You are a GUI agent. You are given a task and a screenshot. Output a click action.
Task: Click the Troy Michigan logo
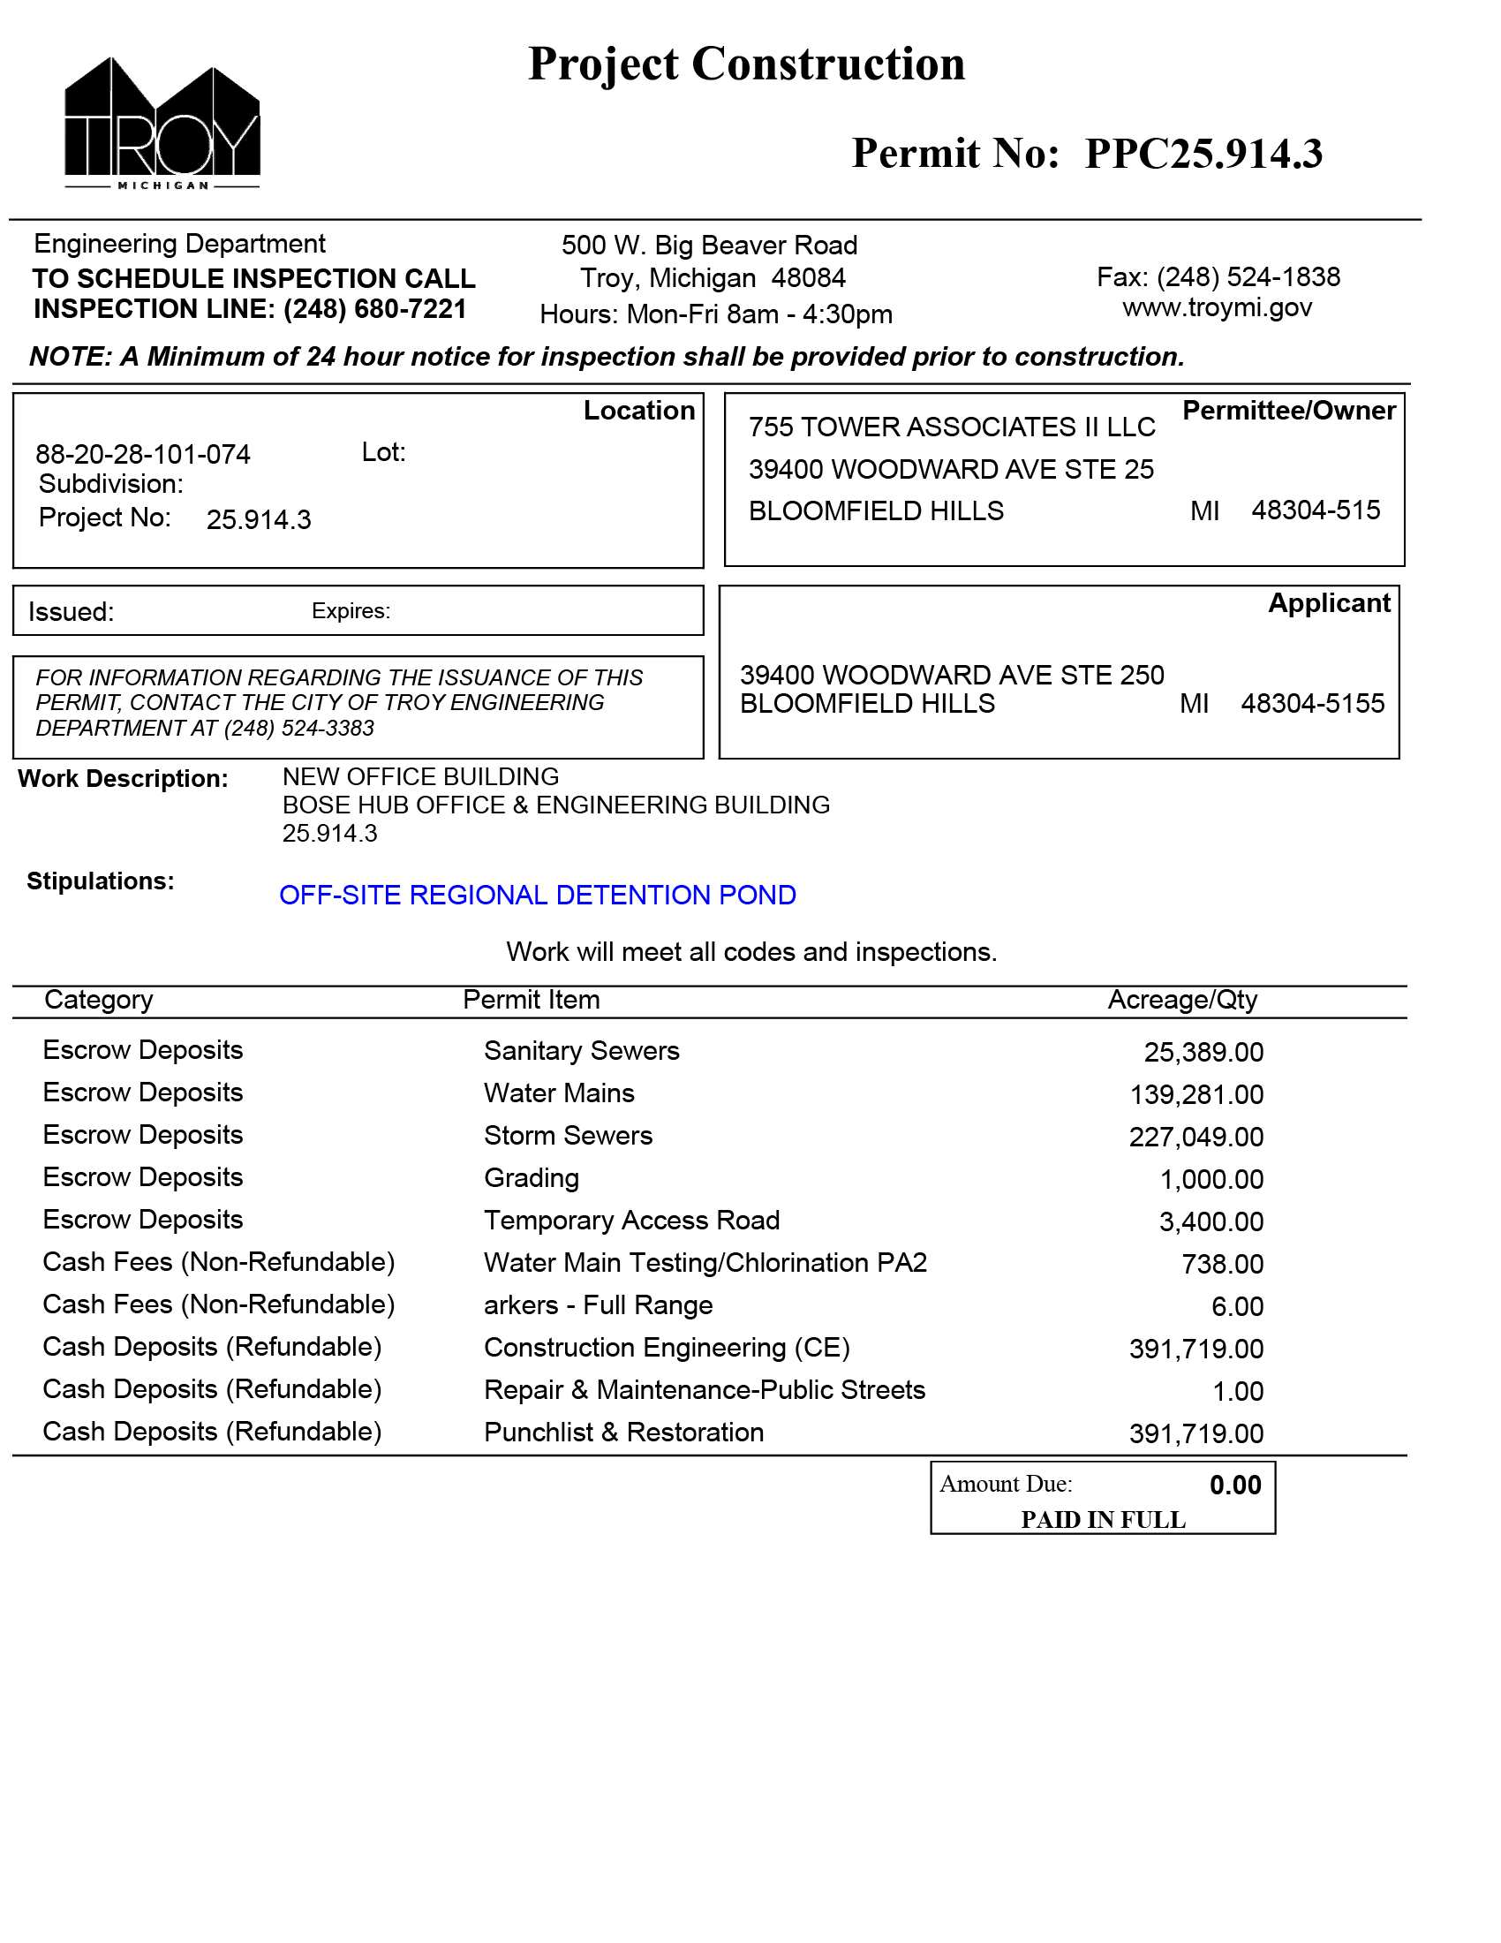[162, 125]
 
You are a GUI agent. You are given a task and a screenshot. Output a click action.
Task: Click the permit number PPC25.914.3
[1203, 154]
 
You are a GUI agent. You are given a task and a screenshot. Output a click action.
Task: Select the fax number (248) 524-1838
[1248, 277]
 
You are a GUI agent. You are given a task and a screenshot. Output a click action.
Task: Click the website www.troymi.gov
[1217, 308]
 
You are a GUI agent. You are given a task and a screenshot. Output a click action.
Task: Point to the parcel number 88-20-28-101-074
[143, 455]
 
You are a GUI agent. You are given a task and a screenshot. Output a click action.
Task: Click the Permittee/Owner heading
[1287, 411]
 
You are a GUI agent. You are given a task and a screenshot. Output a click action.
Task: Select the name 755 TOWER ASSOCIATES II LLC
[952, 428]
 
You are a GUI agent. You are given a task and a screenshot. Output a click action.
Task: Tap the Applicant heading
[1329, 603]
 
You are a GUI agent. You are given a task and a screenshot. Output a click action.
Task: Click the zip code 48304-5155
[1312, 704]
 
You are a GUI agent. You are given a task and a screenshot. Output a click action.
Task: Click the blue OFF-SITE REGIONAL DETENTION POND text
[537, 895]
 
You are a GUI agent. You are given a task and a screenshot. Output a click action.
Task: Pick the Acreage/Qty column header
[1181, 1000]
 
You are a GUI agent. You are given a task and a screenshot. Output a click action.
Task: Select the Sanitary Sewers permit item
[582, 1051]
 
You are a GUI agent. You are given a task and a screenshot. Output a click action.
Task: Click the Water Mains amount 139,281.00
[1196, 1094]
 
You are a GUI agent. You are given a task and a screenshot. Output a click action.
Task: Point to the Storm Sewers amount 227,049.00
[1196, 1137]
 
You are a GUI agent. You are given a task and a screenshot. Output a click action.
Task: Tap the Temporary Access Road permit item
[631, 1221]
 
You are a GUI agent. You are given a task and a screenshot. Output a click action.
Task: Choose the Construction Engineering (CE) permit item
[667, 1348]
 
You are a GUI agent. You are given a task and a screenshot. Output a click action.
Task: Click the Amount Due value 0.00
[1235, 1485]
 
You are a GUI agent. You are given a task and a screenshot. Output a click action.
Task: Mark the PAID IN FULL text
[1103, 1520]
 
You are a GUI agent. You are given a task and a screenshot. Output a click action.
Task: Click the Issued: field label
[72, 612]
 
